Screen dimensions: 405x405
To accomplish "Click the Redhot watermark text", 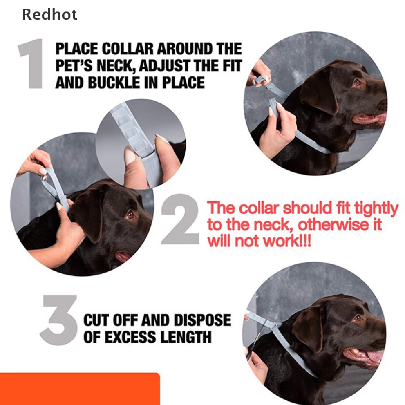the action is coord(49,15).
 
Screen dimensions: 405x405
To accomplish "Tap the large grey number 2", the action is coord(180,219).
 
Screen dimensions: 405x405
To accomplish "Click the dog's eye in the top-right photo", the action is coord(358,83).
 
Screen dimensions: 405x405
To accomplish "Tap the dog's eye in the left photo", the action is coord(130,214).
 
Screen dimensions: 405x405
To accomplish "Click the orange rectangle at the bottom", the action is coord(79,389).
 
